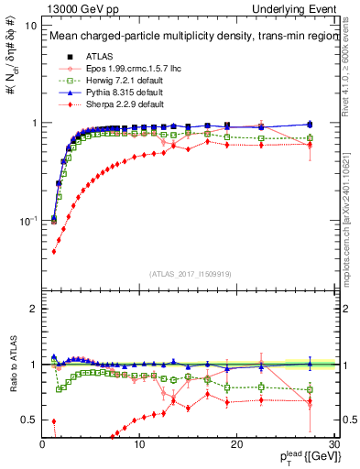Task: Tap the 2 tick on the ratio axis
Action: pos(33,309)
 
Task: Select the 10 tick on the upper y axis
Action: pos(28,26)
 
